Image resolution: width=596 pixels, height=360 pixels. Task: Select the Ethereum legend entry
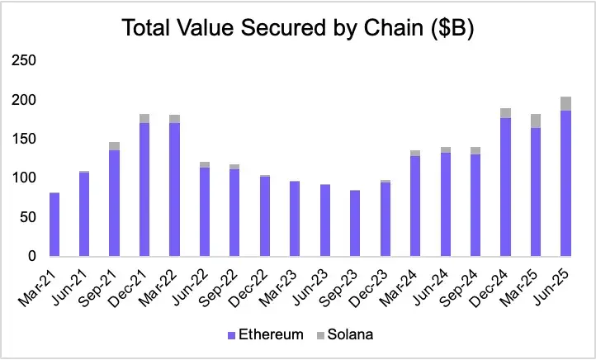click(265, 334)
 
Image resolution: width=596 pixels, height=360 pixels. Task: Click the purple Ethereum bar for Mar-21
click(54, 225)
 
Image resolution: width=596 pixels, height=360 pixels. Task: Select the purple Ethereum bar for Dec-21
click(144, 190)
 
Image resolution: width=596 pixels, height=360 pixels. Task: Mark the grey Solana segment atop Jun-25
click(565, 104)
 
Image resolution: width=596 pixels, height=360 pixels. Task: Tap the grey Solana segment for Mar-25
click(536, 121)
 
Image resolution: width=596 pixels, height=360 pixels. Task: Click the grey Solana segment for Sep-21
click(115, 146)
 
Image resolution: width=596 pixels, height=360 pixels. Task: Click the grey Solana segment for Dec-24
click(505, 113)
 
